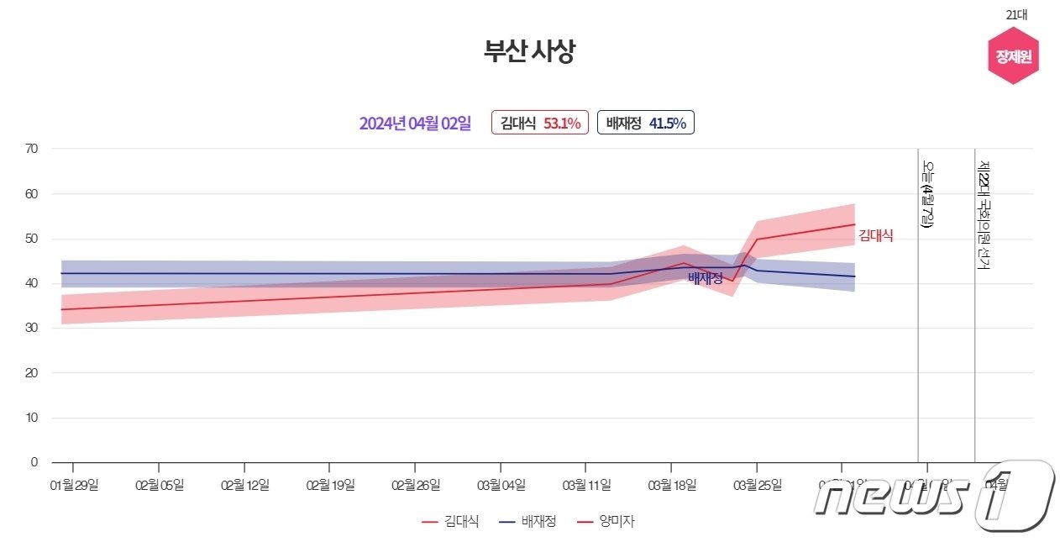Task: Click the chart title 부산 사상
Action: coord(529,52)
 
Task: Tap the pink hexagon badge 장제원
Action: coord(1013,56)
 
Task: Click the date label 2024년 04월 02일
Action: coord(415,124)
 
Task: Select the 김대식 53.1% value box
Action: coord(540,124)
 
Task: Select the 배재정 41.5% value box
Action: coord(645,124)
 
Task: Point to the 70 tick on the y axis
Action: coord(32,149)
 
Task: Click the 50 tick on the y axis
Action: coord(32,239)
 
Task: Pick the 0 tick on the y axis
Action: coord(34,462)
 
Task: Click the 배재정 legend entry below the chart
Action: coord(527,522)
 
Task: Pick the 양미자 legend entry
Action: coord(606,522)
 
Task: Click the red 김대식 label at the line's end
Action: coord(875,237)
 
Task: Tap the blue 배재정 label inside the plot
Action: coord(706,278)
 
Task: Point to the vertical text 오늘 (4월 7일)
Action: coord(928,194)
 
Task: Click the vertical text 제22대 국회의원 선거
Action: coord(984,215)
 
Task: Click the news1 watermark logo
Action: coord(932,497)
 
